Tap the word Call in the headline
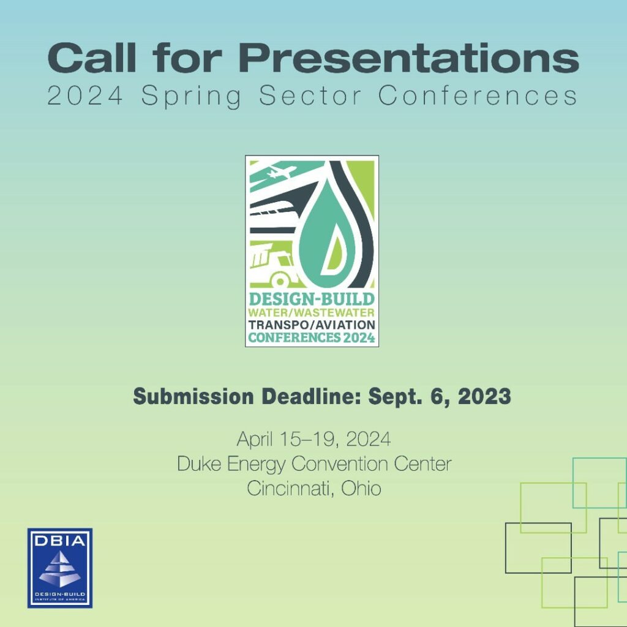coord(92,58)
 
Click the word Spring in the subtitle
coord(191,97)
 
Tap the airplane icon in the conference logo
coord(282,172)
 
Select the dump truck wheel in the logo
coord(280,280)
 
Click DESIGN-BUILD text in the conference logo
coord(312,299)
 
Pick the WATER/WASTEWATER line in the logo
coord(312,312)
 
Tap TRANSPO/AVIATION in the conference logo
coord(312,325)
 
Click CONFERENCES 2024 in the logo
coord(312,337)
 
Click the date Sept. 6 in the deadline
coord(408,397)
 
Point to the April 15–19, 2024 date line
coord(314,439)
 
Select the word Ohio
coord(361,488)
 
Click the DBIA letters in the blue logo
coord(60,541)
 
